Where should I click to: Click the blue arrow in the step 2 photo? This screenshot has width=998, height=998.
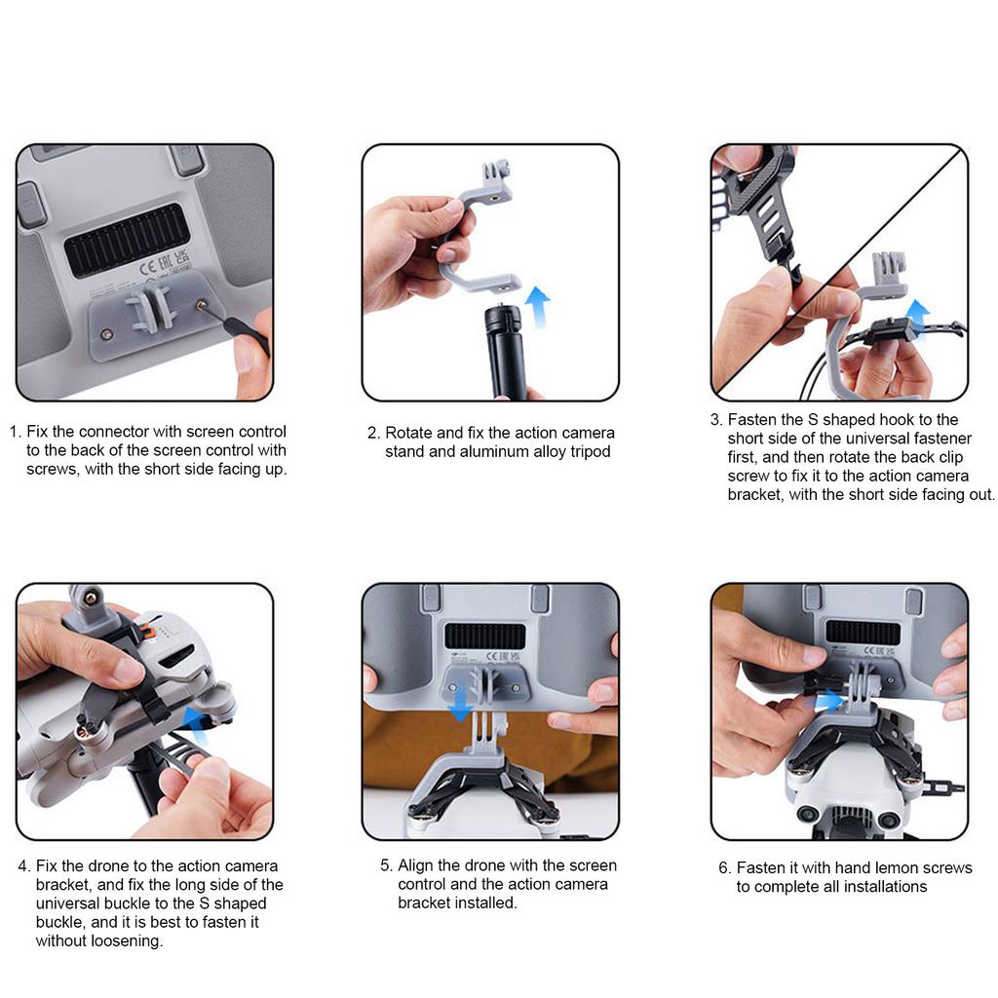[x=538, y=306]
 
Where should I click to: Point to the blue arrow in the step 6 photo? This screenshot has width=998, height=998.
[x=828, y=702]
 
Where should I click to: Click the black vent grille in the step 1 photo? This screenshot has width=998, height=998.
[x=128, y=240]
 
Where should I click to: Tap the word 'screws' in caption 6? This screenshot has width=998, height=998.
[x=946, y=868]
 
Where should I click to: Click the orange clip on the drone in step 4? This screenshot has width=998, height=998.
[x=148, y=633]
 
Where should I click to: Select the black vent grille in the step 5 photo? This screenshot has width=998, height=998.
[x=485, y=636]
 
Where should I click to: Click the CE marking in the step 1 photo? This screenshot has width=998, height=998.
[x=147, y=267]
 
